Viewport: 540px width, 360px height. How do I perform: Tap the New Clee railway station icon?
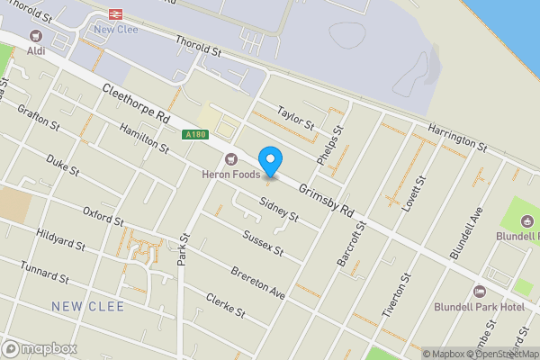[115, 13]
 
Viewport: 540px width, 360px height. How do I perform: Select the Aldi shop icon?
[36, 36]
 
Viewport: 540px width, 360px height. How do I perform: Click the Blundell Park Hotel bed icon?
[479, 292]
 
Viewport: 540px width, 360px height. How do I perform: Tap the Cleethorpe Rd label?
[135, 104]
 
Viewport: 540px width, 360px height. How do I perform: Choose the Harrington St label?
[457, 137]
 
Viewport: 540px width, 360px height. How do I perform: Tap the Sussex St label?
[263, 241]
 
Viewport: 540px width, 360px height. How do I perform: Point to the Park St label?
[184, 250]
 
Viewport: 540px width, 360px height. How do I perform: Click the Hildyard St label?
[61, 239]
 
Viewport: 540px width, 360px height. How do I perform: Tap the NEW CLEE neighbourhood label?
[88, 307]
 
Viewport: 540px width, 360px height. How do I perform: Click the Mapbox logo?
[40, 348]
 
